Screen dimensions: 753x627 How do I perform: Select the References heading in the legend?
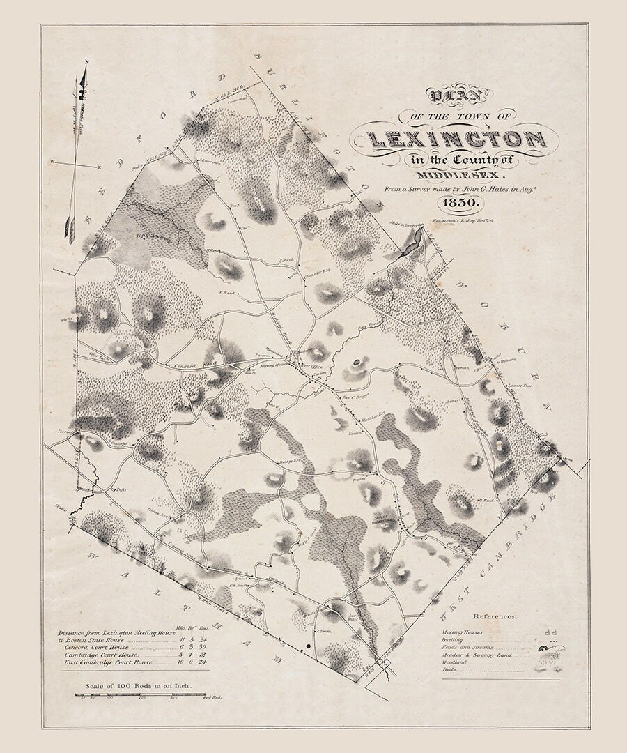pyautogui.click(x=494, y=616)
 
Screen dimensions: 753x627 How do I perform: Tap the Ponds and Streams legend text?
pyautogui.click(x=468, y=647)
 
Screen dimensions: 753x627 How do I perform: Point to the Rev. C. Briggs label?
pyautogui.click(x=353, y=396)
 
